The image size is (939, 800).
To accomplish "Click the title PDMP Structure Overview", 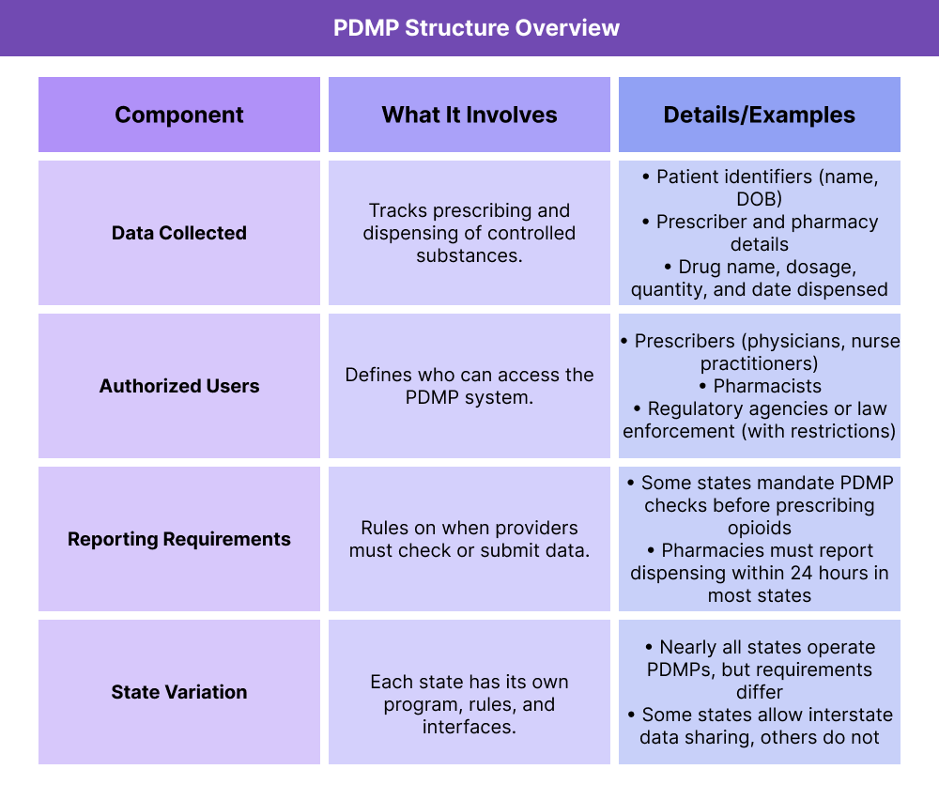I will (x=476, y=27).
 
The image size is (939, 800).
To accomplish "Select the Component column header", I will (x=179, y=115).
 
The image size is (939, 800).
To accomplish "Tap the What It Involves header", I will (x=469, y=115).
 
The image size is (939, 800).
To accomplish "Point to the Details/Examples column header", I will (x=759, y=115).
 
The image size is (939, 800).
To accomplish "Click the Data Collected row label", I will (x=179, y=233).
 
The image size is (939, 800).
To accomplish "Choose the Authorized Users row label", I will (x=179, y=386).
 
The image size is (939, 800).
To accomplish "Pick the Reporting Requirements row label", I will (x=179, y=539).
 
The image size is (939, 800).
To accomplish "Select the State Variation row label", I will (x=179, y=692).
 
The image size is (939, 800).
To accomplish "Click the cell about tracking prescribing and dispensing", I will (x=469, y=233).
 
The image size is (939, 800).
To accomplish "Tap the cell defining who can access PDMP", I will (x=469, y=386).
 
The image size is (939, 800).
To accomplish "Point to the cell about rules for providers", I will (x=469, y=539).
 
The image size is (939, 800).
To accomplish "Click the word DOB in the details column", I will (x=759, y=199).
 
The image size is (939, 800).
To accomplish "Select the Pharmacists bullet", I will (x=767, y=386).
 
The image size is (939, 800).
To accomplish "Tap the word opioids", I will (x=759, y=528).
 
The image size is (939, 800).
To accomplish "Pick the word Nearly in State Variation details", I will (x=690, y=647).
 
